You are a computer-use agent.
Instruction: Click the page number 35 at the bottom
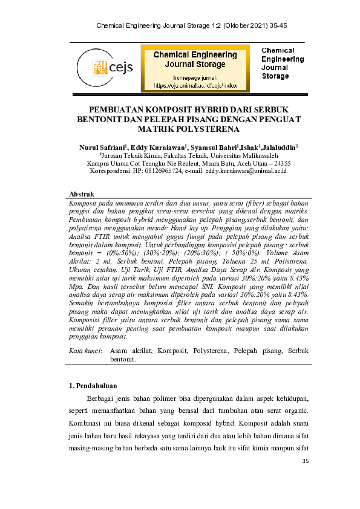coord(304,462)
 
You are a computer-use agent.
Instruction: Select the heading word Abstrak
coord(82,193)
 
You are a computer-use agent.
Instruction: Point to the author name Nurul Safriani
coord(101,147)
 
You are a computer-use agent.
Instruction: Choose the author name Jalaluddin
coord(280,147)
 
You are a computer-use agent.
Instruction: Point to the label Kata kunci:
coord(85,351)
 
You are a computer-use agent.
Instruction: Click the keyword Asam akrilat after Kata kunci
coord(131,351)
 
